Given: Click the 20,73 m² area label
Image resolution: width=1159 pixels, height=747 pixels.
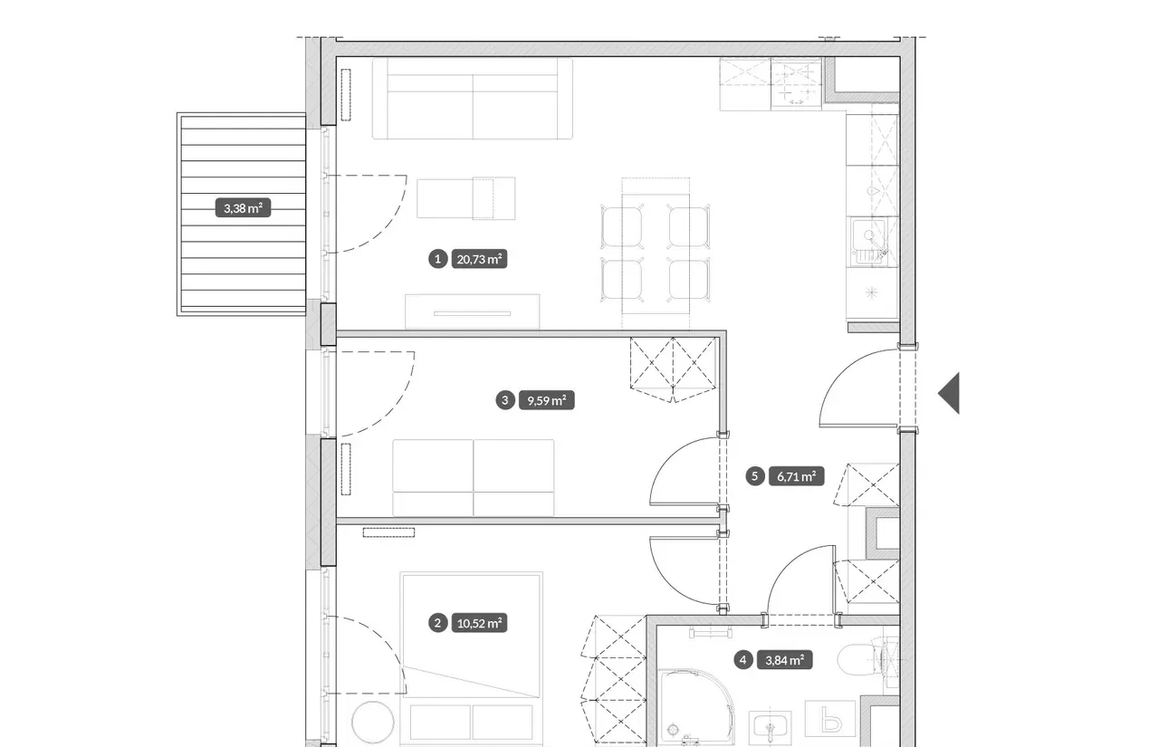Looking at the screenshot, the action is pyautogui.click(x=479, y=259).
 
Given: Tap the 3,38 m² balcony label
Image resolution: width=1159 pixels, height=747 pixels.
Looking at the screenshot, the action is pyautogui.click(x=243, y=208).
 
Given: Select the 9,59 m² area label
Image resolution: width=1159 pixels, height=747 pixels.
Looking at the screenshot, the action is pyautogui.click(x=546, y=400).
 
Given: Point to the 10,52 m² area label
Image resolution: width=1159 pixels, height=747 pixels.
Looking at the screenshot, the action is pyautogui.click(x=479, y=623).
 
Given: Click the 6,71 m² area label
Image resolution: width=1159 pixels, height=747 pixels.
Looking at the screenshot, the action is pyautogui.click(x=796, y=476).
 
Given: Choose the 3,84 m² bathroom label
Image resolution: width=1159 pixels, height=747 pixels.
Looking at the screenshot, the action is pyautogui.click(x=784, y=660).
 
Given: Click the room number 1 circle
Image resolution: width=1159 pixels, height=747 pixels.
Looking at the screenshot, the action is pyautogui.click(x=437, y=259).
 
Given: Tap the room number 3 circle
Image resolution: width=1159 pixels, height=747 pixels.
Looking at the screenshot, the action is pyautogui.click(x=505, y=400).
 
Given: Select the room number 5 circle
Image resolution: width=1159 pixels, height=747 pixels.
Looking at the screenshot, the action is pyautogui.click(x=755, y=476).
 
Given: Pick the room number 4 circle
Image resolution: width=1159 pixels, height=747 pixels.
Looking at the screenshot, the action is pyautogui.click(x=743, y=660).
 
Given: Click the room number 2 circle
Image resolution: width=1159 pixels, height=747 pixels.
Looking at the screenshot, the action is pyautogui.click(x=437, y=623).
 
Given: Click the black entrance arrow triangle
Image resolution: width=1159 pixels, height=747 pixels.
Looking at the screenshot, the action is pyautogui.click(x=951, y=393).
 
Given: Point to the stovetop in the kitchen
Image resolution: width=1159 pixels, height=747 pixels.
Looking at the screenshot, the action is pyautogui.click(x=796, y=83).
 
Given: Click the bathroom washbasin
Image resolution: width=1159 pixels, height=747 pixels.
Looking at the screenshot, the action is pyautogui.click(x=770, y=730).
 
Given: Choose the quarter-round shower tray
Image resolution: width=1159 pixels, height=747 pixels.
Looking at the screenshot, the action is pyautogui.click(x=695, y=708).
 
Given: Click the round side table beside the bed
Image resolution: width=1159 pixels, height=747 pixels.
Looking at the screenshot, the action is pyautogui.click(x=372, y=723).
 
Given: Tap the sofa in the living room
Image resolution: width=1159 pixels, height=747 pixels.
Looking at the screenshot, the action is pyautogui.click(x=473, y=99).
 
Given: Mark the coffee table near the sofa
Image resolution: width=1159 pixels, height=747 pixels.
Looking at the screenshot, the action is pyautogui.click(x=465, y=198).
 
